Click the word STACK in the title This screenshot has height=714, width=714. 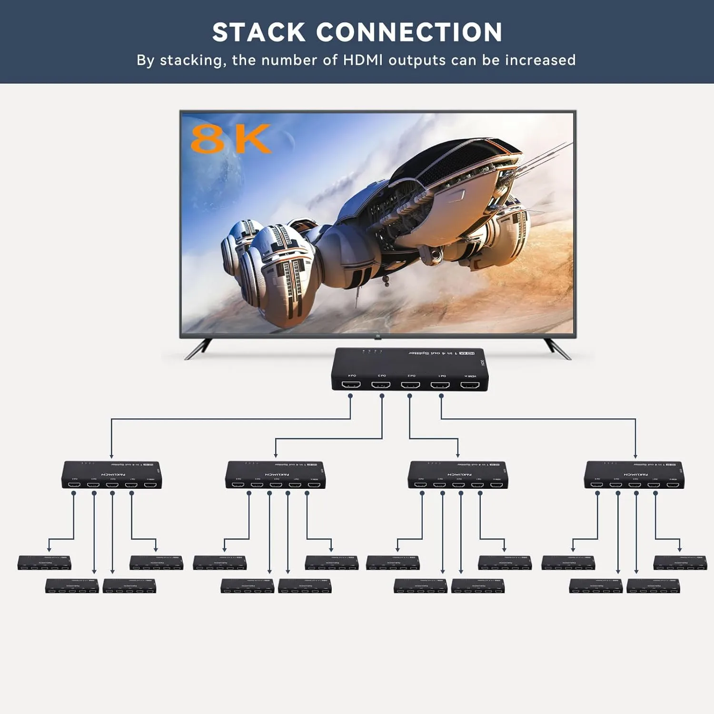[x=258, y=32]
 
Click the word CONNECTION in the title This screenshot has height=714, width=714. [x=409, y=32]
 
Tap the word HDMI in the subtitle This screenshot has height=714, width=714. [x=364, y=60]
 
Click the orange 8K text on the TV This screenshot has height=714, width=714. [x=230, y=139]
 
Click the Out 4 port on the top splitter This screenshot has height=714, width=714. [x=351, y=384]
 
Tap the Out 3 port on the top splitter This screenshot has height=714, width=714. [x=381, y=384]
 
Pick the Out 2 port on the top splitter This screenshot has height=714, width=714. [x=410, y=384]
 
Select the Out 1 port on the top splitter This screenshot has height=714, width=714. [x=440, y=384]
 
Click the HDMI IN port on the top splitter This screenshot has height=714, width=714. [x=469, y=384]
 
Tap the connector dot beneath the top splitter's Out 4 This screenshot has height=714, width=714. [x=350, y=396]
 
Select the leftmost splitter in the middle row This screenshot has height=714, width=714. [x=112, y=475]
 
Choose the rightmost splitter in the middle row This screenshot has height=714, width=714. [x=635, y=475]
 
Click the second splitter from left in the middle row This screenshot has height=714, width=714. [x=276, y=475]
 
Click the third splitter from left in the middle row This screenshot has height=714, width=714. [x=458, y=475]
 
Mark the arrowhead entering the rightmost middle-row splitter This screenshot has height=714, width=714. [x=635, y=456]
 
